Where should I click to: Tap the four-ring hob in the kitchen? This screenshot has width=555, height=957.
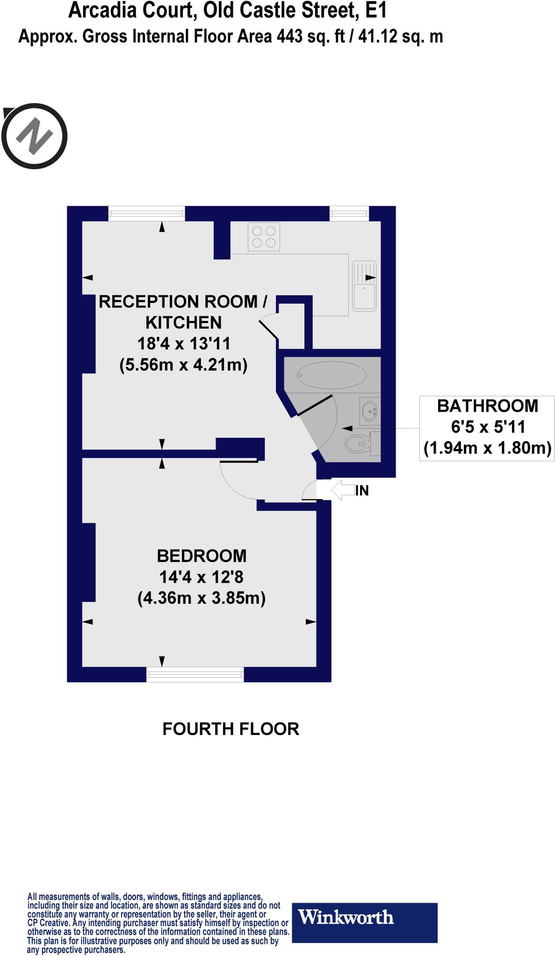(x=264, y=237)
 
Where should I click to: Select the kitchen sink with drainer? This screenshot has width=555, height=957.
(x=364, y=286)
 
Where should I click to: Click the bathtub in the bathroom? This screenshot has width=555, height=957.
(x=332, y=375)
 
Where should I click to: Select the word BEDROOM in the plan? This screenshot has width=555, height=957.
(x=202, y=556)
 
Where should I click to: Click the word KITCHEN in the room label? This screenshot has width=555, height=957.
(x=183, y=322)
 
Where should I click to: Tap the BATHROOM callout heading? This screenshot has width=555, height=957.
(x=487, y=406)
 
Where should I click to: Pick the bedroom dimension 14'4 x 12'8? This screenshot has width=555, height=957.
(x=202, y=577)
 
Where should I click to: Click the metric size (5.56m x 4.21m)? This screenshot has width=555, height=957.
(x=183, y=364)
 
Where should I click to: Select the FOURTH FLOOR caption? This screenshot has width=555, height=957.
(x=231, y=729)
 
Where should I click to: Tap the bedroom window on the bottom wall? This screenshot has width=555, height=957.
(x=195, y=674)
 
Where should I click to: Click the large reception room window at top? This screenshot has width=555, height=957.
(x=147, y=214)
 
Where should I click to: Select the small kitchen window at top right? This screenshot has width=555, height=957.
(x=349, y=214)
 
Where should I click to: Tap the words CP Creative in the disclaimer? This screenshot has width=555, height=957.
(x=49, y=923)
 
